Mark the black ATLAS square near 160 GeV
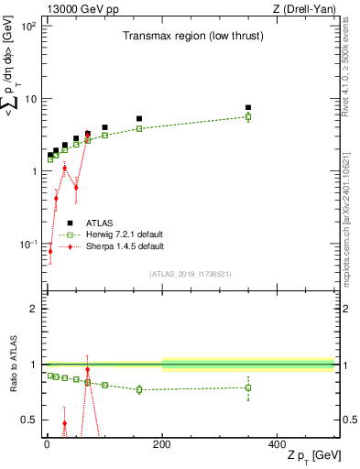(x=139, y=118)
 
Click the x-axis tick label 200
(x=161, y=443)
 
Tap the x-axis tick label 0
(x=46, y=443)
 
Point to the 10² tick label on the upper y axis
(x=29, y=27)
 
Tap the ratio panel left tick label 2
(x=34, y=309)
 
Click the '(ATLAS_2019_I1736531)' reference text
(x=190, y=274)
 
